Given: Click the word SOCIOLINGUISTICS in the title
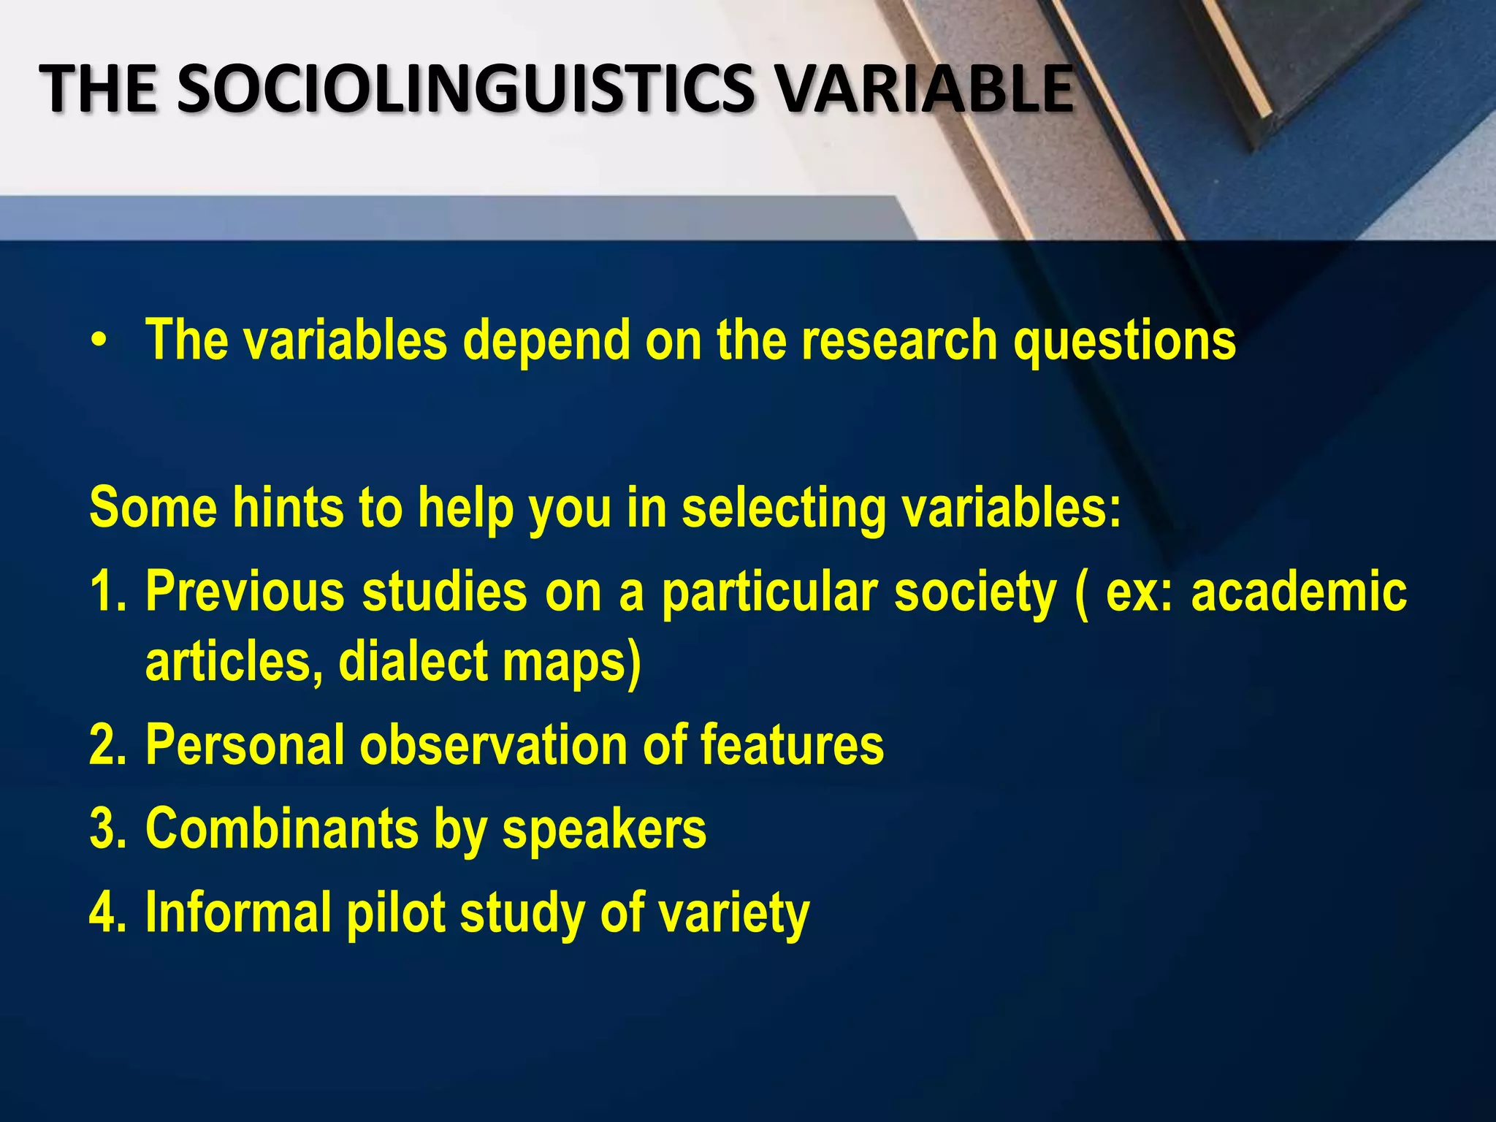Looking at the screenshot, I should [464, 89].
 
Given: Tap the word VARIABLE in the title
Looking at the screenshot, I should [923, 89].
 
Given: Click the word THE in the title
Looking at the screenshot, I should [98, 89].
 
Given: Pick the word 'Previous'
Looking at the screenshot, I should [245, 591].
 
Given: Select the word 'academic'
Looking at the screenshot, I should [1299, 591].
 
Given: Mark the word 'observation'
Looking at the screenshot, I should [492, 745].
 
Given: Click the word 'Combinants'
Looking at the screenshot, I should [281, 828].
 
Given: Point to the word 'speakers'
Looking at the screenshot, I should [604, 830].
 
